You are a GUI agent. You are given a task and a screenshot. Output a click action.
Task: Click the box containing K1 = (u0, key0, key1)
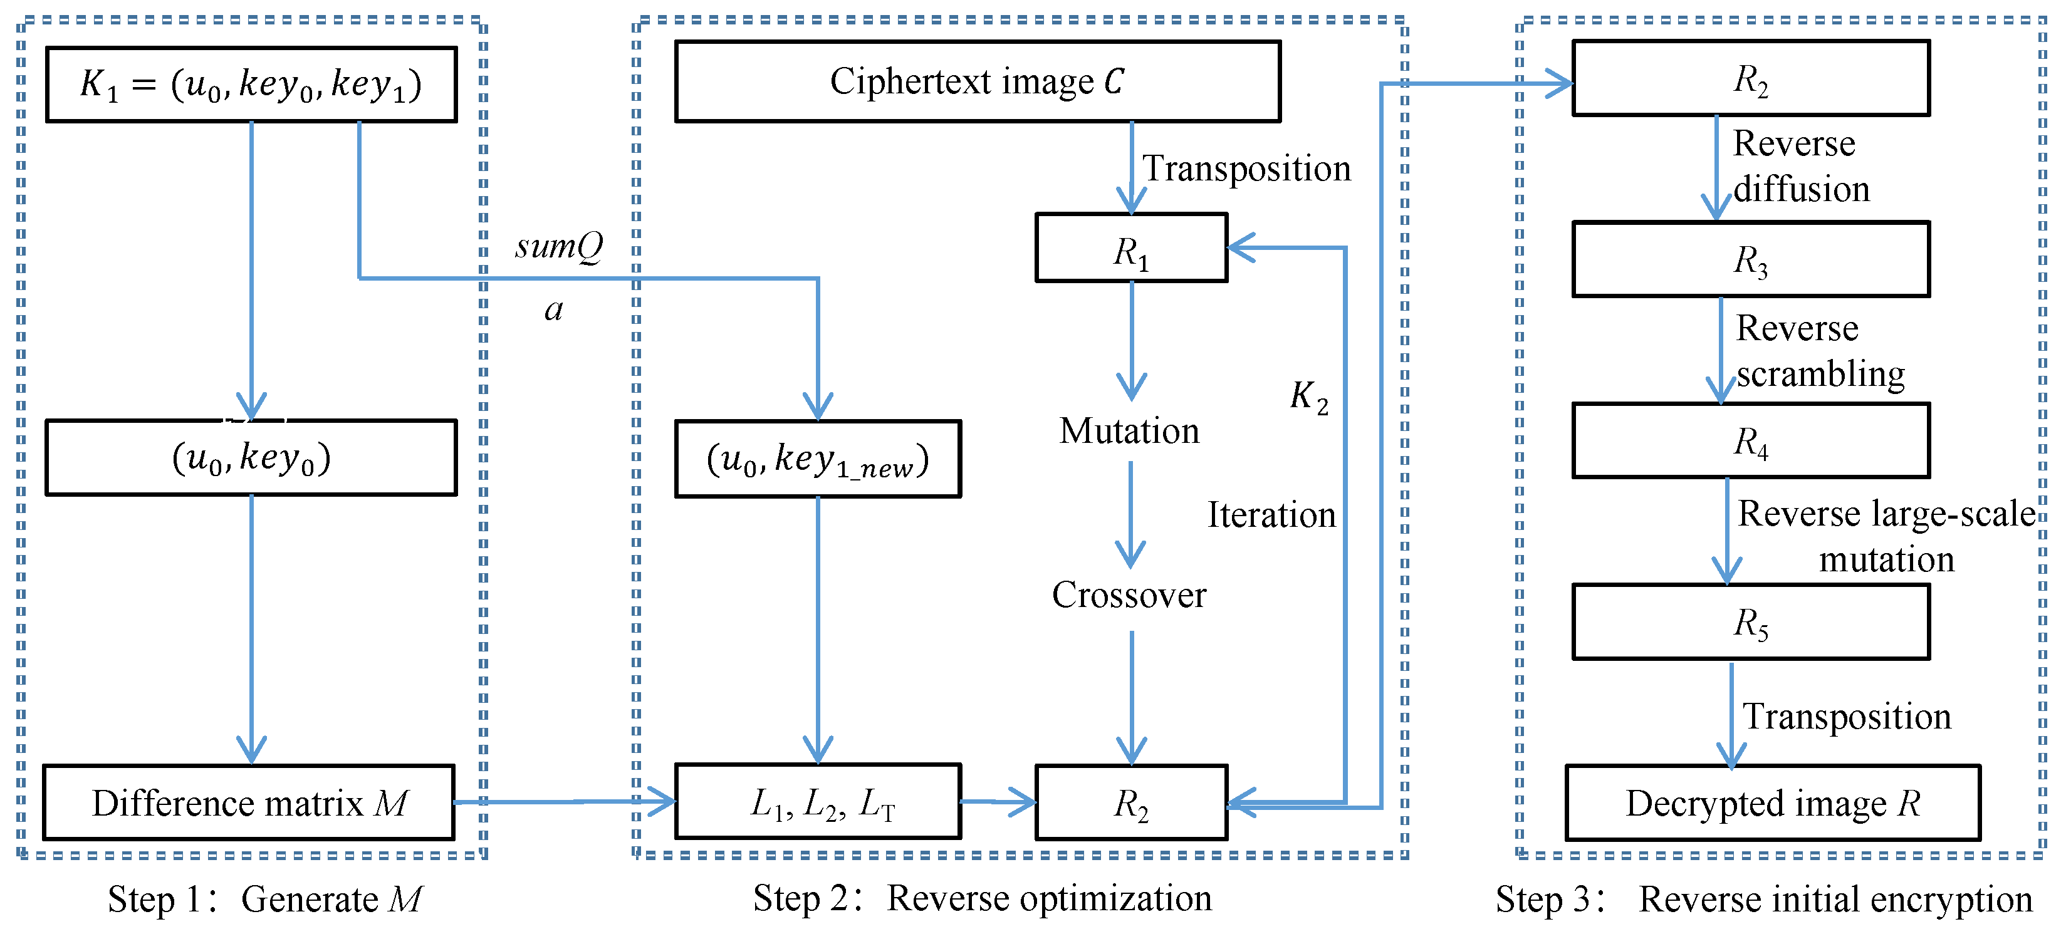[x=251, y=84]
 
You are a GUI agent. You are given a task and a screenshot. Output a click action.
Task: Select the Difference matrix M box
[x=249, y=802]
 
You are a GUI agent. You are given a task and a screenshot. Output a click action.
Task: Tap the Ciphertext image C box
[x=977, y=81]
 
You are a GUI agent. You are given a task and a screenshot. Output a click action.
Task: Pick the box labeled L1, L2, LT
[x=818, y=801]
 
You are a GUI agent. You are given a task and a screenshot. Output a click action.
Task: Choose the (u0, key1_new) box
[x=818, y=459]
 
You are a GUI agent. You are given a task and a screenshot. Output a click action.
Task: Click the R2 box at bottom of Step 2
[x=1130, y=802]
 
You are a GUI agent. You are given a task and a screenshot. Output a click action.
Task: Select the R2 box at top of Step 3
[x=1751, y=78]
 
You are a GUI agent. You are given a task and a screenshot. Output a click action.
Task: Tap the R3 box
[x=1751, y=259]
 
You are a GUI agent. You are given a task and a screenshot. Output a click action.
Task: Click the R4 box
[x=1751, y=440]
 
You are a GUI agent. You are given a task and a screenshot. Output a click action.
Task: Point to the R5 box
[x=1751, y=622]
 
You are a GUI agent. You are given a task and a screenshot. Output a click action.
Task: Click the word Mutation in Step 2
[x=1129, y=432]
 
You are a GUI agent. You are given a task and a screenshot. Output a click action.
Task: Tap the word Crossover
[x=1129, y=595]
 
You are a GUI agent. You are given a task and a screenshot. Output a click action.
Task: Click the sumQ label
[x=558, y=246]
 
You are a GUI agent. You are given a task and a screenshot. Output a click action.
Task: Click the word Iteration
[x=1271, y=515]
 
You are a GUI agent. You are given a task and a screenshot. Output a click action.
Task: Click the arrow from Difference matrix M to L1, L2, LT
[x=565, y=801]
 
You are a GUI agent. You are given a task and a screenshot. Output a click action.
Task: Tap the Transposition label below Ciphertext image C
[x=1246, y=169]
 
